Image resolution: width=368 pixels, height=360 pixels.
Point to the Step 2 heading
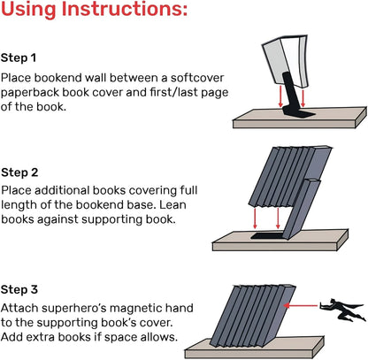(20, 172)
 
